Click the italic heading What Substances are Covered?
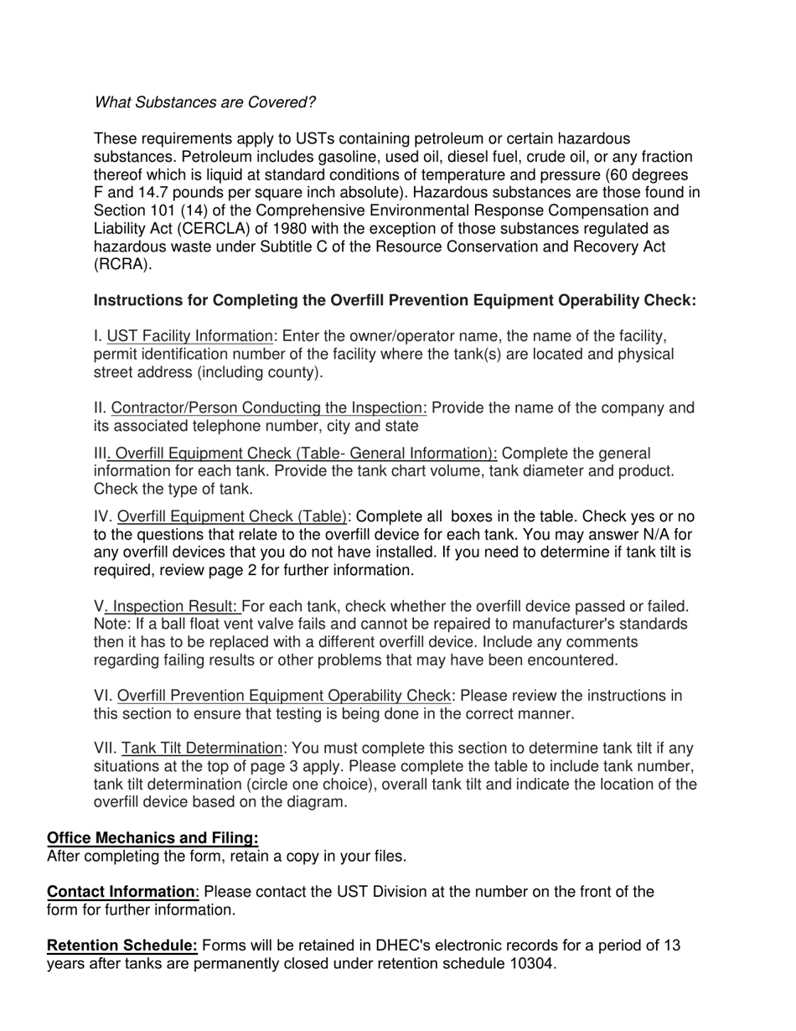pos(204,102)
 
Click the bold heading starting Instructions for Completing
pos(395,300)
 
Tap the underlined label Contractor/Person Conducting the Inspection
pos(269,408)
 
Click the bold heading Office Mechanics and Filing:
pos(152,838)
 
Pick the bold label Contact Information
pos(121,892)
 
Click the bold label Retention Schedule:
pos(122,946)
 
